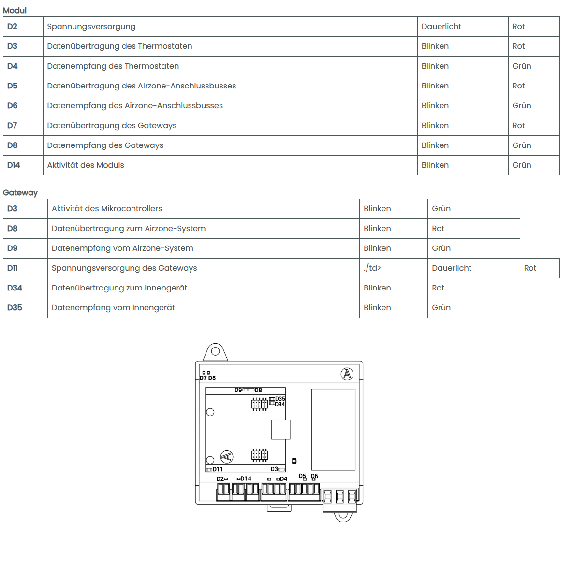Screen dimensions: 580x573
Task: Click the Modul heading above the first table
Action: point(15,10)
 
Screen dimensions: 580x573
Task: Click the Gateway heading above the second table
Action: point(20,192)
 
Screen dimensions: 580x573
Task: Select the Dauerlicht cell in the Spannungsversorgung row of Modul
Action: point(441,27)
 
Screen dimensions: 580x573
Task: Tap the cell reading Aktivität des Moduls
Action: point(86,165)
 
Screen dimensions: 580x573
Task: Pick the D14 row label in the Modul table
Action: point(14,165)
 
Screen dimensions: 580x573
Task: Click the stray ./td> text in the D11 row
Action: point(372,268)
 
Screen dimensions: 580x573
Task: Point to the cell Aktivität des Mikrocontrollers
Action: point(107,209)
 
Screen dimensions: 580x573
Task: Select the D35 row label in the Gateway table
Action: point(15,308)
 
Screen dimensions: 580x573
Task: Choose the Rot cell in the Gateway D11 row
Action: point(530,268)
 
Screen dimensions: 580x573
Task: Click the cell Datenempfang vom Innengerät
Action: point(113,308)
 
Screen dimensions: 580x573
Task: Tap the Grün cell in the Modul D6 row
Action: point(522,106)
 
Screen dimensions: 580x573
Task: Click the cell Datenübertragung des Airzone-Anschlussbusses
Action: point(142,86)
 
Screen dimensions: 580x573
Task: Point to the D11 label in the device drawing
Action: point(218,469)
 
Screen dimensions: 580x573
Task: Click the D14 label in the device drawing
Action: point(246,478)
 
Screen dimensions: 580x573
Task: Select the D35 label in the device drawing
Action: point(280,399)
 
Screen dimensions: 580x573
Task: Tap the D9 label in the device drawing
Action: point(238,390)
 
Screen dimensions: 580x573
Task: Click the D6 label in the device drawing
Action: point(314,476)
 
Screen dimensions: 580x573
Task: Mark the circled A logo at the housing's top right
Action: point(347,374)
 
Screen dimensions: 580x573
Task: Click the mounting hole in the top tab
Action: point(216,351)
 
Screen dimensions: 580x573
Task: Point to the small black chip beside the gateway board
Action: point(294,461)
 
